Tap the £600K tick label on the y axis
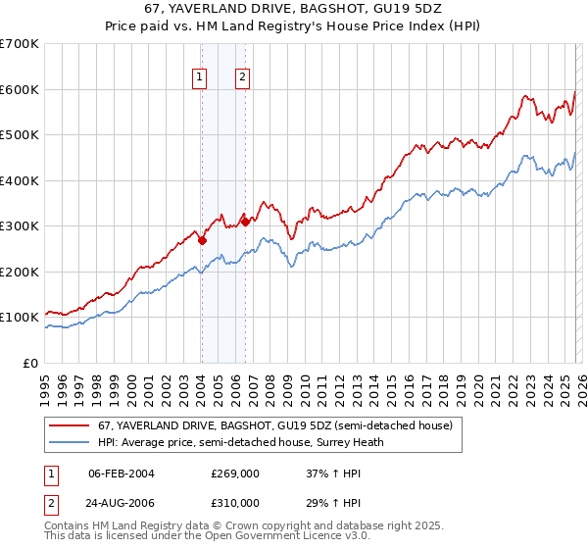[20, 89]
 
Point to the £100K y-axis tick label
[20, 318]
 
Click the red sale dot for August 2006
[245, 222]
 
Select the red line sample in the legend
[70, 426]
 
